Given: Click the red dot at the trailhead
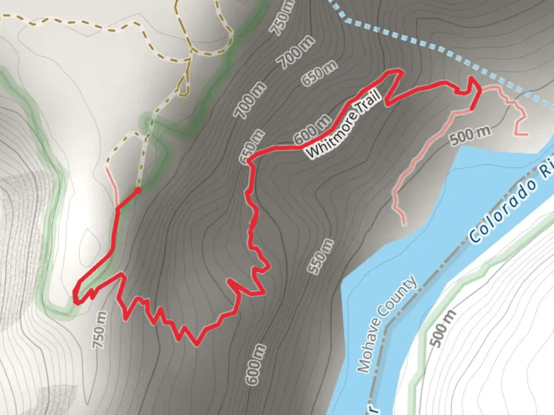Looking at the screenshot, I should click(x=138, y=190).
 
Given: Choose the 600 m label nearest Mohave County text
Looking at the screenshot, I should click(x=256, y=364).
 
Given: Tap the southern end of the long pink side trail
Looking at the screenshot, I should click(x=404, y=224).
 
